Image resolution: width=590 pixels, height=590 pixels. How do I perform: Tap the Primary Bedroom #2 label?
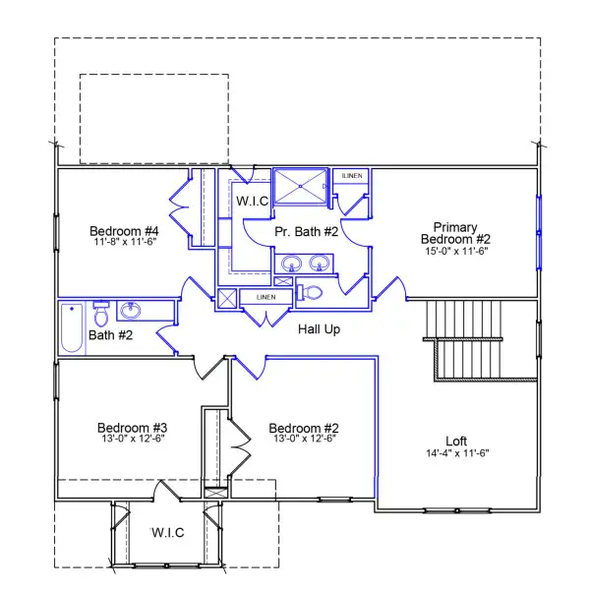tap(454, 232)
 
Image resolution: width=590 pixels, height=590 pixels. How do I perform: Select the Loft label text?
tap(455, 441)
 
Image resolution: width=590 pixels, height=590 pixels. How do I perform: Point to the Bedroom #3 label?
tap(132, 428)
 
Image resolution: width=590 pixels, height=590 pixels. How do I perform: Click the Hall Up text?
tap(319, 329)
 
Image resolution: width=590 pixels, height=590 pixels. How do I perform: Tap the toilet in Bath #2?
tap(100, 314)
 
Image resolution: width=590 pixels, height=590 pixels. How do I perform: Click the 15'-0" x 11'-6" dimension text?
tap(454, 251)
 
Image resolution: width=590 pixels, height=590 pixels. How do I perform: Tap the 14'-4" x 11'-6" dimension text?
tap(455, 453)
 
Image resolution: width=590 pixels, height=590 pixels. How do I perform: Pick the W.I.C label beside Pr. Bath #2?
tap(253, 201)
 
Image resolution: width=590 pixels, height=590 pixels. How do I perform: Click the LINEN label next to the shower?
tap(351, 176)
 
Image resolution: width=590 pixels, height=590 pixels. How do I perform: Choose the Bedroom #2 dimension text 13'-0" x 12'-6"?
tap(304, 441)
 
